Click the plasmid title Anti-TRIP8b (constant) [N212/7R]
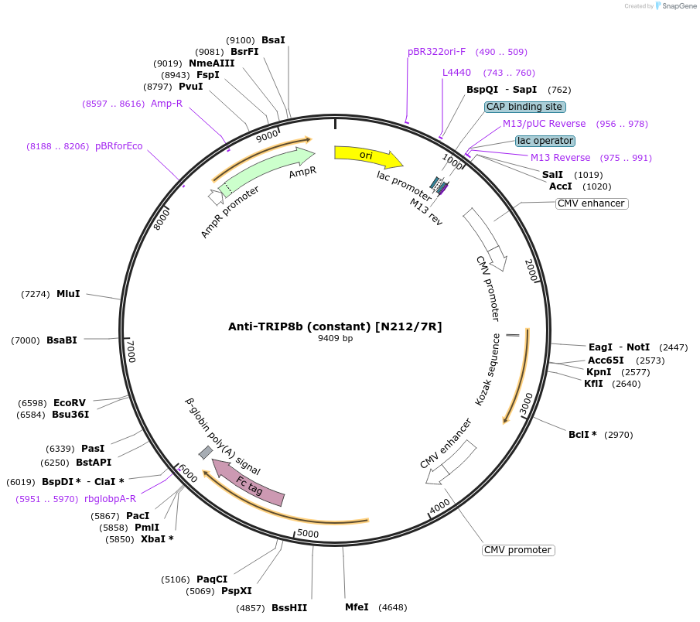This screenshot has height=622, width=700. (335, 326)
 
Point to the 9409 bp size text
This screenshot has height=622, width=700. (335, 338)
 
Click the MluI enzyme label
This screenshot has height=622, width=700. (68, 294)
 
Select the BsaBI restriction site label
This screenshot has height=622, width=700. (62, 340)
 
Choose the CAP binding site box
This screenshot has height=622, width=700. (525, 107)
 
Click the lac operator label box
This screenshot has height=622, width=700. (545, 141)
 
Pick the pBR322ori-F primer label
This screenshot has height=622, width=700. (437, 52)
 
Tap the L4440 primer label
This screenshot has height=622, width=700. (456, 73)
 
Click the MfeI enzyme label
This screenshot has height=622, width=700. (357, 607)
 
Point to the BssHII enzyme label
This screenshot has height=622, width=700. (289, 608)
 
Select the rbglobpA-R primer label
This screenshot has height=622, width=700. (110, 499)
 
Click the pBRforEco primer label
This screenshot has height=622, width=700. (118, 145)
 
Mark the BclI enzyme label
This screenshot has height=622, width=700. (582, 435)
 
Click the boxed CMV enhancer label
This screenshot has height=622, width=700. (591, 203)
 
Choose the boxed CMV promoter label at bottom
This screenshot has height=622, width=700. (517, 550)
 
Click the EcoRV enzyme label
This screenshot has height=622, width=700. (70, 403)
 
